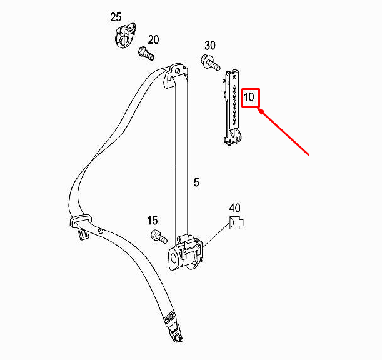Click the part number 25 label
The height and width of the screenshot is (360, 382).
(x=116, y=17)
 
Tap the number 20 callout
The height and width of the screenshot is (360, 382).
(x=153, y=40)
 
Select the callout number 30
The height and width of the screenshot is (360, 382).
(x=210, y=46)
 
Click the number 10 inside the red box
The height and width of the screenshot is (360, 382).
(x=249, y=97)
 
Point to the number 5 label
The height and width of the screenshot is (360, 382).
(x=196, y=182)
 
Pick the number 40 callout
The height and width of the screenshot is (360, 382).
(x=234, y=208)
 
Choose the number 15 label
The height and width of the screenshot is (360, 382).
(x=153, y=221)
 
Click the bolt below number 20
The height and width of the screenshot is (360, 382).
(x=146, y=54)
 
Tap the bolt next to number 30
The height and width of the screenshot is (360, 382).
(x=211, y=62)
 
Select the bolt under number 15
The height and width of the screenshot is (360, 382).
(x=159, y=236)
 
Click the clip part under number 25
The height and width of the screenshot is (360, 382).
(x=125, y=35)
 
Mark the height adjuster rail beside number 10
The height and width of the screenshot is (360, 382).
(x=232, y=107)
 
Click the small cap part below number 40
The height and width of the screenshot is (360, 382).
(x=236, y=222)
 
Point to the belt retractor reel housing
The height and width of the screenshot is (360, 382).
(x=186, y=253)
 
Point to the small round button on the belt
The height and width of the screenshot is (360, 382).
(x=99, y=231)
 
